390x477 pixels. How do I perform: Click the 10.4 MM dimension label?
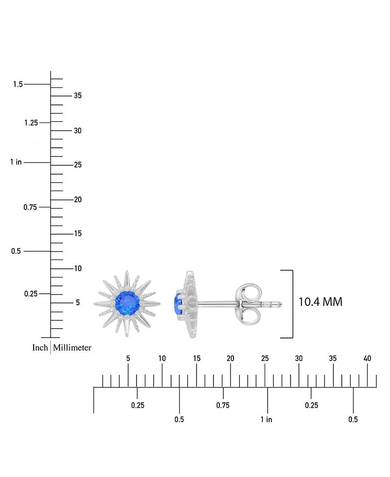320,302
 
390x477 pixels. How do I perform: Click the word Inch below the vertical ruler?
40,348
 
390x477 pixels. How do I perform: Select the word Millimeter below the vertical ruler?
72,348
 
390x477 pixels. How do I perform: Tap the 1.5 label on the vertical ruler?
18,84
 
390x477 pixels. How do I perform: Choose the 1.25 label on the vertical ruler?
30,123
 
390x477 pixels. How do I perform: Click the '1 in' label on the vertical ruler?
16,162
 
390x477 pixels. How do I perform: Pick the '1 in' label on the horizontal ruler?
266,419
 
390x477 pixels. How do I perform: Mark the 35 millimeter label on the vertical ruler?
78,96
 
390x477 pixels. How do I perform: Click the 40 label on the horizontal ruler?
367,358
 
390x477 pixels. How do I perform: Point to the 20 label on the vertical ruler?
78,199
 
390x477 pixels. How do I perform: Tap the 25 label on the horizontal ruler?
265,358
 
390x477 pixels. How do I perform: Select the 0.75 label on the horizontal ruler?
223,405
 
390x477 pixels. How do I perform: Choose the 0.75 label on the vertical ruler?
30,207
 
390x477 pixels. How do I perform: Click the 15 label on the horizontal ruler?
196,358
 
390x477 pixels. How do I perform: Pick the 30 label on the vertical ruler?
78,131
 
